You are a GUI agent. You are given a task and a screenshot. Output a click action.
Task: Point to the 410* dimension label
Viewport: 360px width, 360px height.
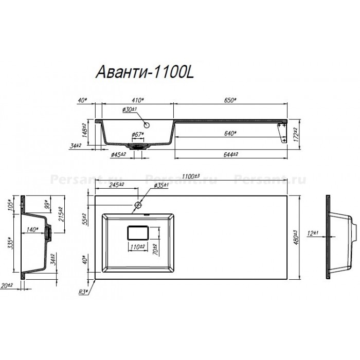click(137, 99)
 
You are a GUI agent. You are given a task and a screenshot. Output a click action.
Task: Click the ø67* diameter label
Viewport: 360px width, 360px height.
click(137, 134)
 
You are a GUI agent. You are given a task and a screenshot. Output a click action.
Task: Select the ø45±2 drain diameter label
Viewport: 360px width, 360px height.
click(119, 154)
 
